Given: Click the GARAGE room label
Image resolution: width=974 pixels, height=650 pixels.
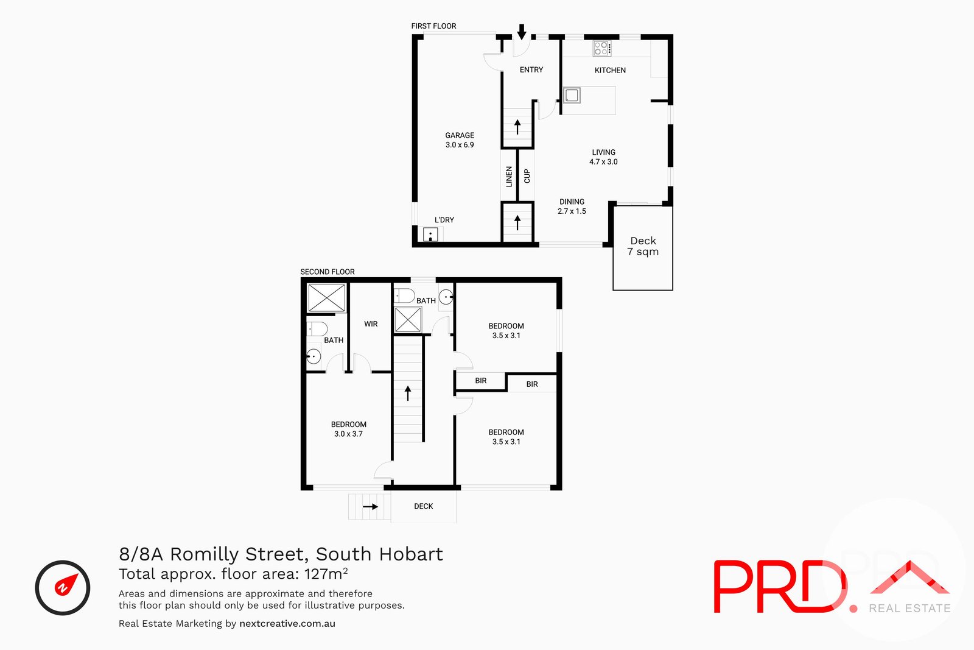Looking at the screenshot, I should point(460,140).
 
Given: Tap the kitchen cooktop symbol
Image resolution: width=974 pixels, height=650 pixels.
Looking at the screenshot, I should point(601,48).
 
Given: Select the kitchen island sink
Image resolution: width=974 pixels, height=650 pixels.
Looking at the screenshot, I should point(572,96).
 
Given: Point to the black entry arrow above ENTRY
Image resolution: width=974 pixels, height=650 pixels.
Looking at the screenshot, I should point(522,32).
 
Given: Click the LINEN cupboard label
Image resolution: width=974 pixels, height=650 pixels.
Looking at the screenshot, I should point(509,177).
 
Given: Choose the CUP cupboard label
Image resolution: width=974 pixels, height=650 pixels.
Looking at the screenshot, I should point(527,176).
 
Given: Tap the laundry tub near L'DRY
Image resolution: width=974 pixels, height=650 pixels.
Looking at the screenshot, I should point(430,235).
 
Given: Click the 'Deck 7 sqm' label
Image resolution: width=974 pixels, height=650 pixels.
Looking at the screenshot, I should point(643,246).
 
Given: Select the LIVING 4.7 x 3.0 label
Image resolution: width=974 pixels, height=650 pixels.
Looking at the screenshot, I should point(603,157).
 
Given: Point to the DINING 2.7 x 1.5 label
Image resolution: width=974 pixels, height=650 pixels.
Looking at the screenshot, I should point(572,206).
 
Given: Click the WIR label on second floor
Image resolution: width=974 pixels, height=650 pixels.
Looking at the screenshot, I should point(371,324).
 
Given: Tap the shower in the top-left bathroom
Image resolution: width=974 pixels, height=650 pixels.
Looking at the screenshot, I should point(327,299).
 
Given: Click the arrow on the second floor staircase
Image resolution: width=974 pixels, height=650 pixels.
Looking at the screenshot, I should point(408,393).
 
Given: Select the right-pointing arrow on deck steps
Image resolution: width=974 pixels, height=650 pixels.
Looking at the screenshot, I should point(370,506).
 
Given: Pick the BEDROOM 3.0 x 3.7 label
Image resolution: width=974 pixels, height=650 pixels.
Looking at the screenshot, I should point(349,429).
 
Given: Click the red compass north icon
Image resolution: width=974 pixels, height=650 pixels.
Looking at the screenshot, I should point(63,587).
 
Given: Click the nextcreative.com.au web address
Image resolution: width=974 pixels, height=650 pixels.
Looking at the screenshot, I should point(287,623).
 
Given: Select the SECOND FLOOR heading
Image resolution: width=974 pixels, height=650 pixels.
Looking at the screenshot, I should point(328,272).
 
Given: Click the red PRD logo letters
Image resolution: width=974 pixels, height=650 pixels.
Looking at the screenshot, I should point(779,586).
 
